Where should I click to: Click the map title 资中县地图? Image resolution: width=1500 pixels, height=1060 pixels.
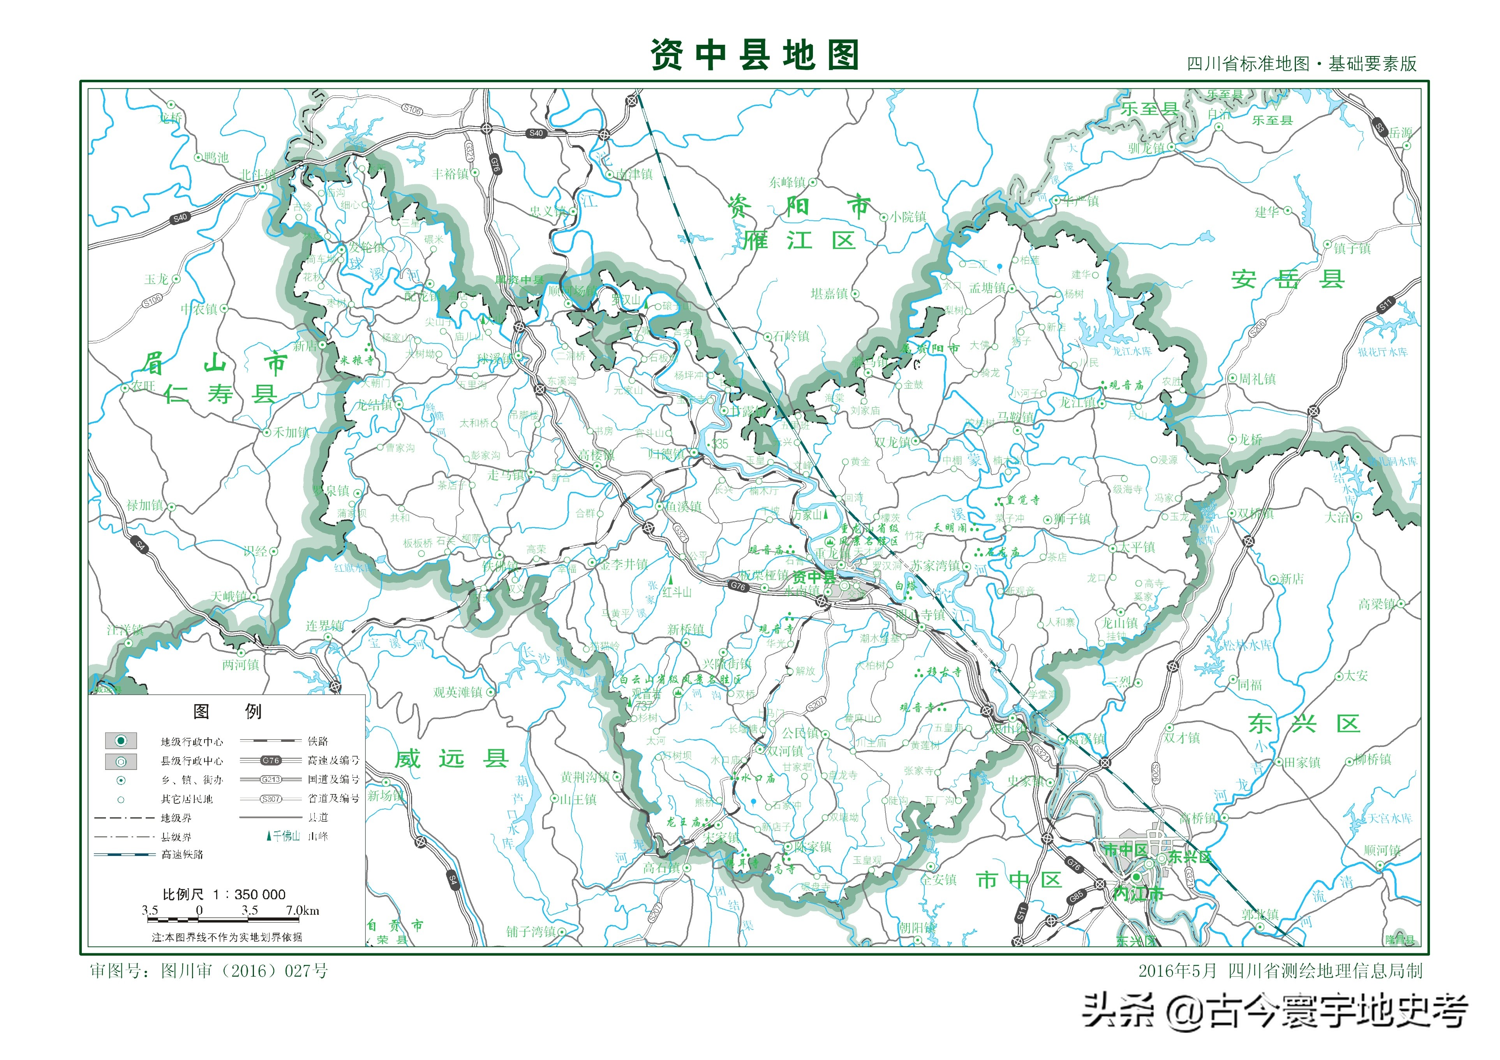pyautogui.click(x=754, y=55)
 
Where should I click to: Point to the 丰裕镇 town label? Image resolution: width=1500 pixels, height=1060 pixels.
pyautogui.click(x=451, y=174)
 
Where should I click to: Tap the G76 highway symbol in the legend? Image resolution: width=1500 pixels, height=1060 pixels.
pyautogui.click(x=271, y=760)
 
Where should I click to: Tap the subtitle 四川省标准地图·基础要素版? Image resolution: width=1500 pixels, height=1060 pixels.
pyautogui.click(x=1301, y=63)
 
